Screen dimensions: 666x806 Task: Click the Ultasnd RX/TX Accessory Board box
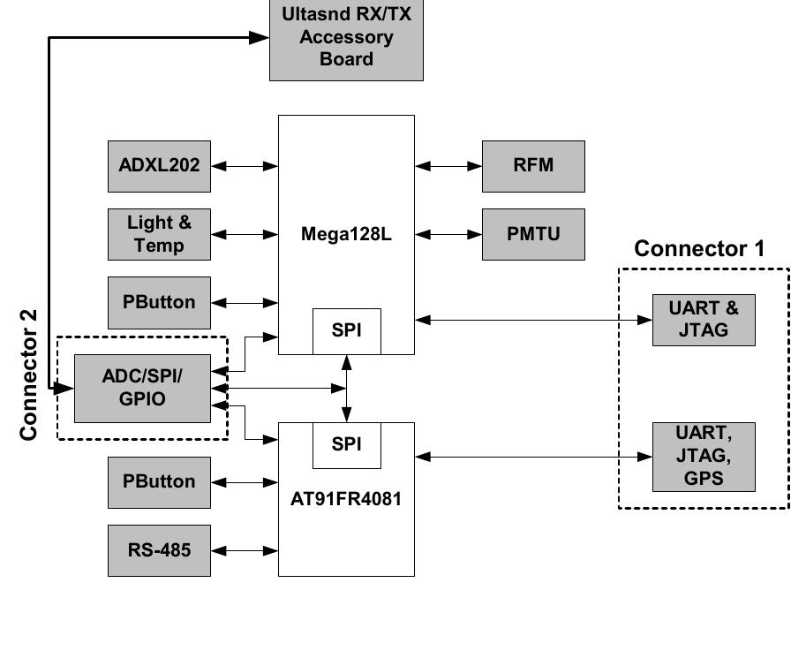[x=346, y=40]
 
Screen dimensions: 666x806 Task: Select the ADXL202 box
[x=159, y=165]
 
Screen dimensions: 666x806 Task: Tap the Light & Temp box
[x=159, y=234]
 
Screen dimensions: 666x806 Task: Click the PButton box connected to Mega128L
[x=159, y=302]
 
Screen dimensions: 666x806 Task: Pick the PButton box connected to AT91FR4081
[x=159, y=481]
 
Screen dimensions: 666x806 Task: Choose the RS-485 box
[x=159, y=550]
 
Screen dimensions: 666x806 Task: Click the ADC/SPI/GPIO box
[x=142, y=388]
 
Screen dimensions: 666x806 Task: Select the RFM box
[x=533, y=165]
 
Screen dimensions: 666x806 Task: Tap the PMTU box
[x=533, y=234]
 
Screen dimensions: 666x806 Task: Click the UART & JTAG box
[x=704, y=320]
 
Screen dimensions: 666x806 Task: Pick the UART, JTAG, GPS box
[x=704, y=457]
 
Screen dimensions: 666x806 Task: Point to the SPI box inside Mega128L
[x=346, y=331]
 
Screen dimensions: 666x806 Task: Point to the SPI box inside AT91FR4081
[x=346, y=445]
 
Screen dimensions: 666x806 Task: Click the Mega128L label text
[x=346, y=234]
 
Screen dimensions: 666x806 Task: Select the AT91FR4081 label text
[x=346, y=498]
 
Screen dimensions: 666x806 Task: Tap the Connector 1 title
[x=699, y=249]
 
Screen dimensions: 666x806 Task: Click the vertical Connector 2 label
[x=29, y=375]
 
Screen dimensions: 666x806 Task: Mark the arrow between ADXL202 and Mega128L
[x=245, y=165]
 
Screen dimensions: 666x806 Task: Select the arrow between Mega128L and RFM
[x=448, y=165]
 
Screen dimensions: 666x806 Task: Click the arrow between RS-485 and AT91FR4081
[x=245, y=550]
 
